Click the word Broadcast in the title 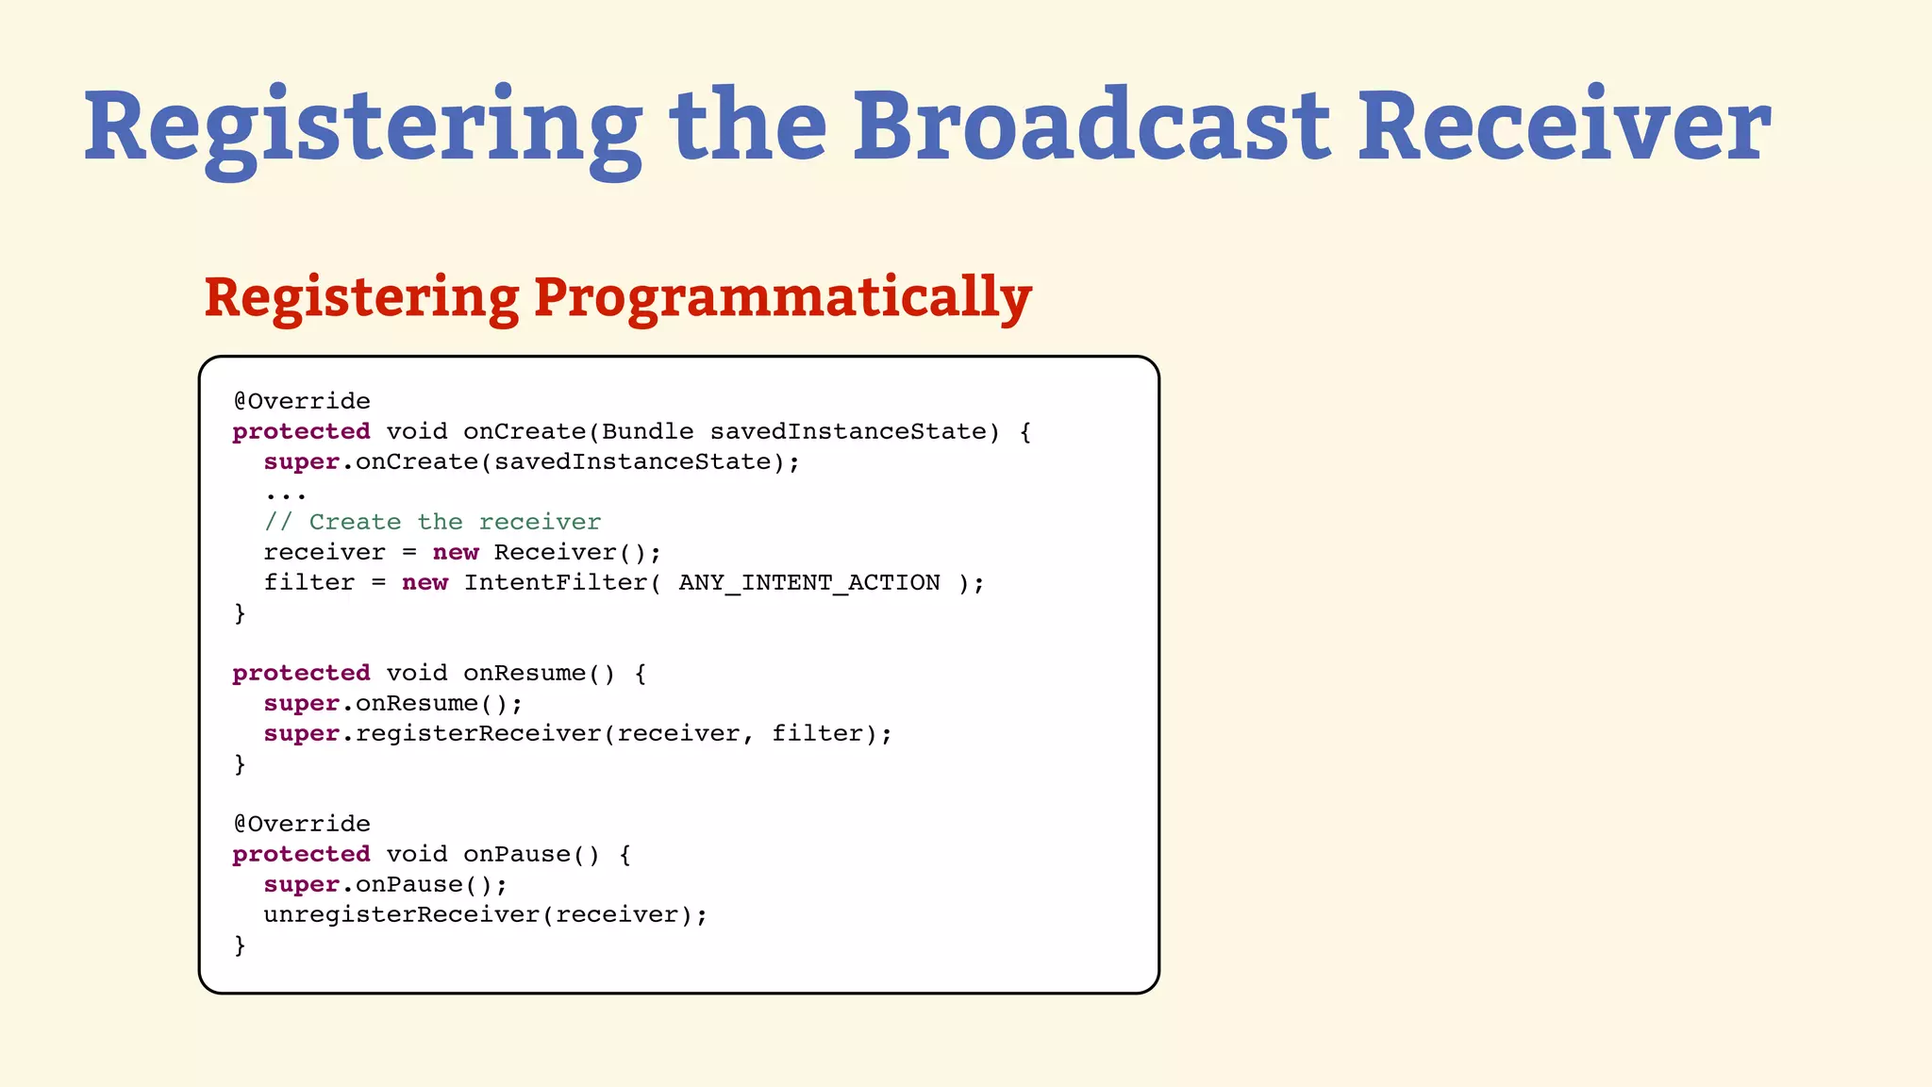pyautogui.click(x=1091, y=126)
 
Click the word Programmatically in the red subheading pyautogui.click(x=782, y=298)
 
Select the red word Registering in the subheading pyautogui.click(x=360, y=298)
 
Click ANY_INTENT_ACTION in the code pyautogui.click(x=808, y=583)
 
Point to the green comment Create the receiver pyautogui.click(x=432, y=522)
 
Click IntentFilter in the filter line pyautogui.click(x=555, y=583)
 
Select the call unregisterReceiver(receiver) pyautogui.click(x=484, y=915)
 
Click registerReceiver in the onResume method pyautogui.click(x=477, y=734)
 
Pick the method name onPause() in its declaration pyautogui.click(x=530, y=855)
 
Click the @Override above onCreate pyautogui.click(x=302, y=401)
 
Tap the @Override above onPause pyautogui.click(x=302, y=824)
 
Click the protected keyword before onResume pyautogui.click(x=301, y=674)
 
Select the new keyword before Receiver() pyautogui.click(x=456, y=553)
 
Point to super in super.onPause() pyautogui.click(x=301, y=885)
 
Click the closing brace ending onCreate pyautogui.click(x=240, y=613)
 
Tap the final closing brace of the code pyautogui.click(x=240, y=945)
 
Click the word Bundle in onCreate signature pyautogui.click(x=647, y=432)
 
